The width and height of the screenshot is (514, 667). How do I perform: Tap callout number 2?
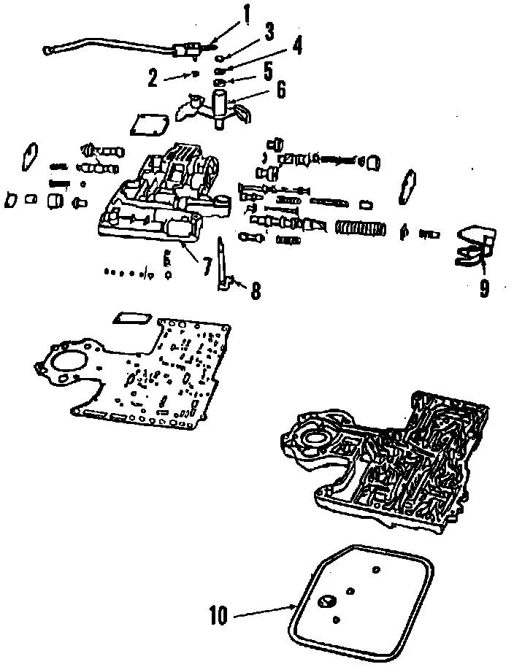click(x=153, y=78)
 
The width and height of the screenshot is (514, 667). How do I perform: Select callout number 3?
click(x=269, y=31)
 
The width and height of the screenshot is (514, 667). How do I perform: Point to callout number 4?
click(x=295, y=47)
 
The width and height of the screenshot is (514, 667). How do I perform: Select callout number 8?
click(x=255, y=290)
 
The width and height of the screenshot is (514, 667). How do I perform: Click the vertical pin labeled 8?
click(x=222, y=263)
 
